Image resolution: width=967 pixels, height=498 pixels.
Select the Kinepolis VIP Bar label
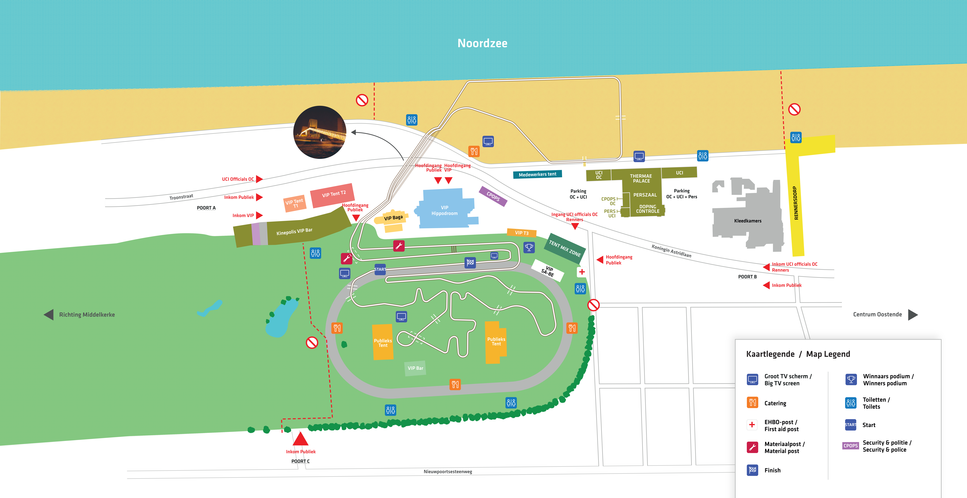coord(294,231)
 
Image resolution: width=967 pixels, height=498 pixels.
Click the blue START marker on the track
coord(380,269)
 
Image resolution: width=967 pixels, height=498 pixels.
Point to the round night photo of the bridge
coord(320,132)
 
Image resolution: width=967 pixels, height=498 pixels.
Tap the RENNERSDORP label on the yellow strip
coord(796,203)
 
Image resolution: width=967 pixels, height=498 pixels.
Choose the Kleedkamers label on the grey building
coord(748,221)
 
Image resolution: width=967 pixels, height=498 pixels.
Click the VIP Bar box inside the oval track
coord(415,368)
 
